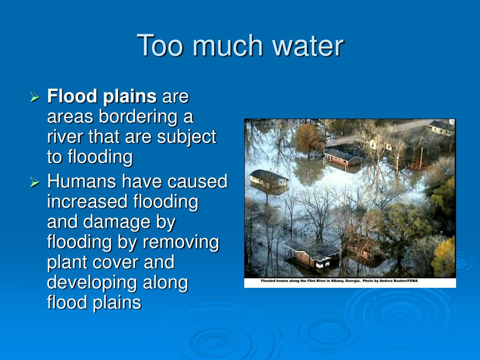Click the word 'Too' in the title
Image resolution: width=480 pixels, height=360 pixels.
click(x=160, y=45)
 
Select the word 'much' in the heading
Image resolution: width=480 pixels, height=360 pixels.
click(x=227, y=45)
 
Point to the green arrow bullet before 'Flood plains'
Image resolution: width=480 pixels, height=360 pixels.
click(x=35, y=97)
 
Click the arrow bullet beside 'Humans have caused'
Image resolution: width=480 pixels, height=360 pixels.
click(x=35, y=182)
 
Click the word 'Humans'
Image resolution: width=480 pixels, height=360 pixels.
click(x=82, y=181)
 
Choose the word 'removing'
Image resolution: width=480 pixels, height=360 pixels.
click(x=181, y=243)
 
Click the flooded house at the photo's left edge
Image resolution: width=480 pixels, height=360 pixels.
click(x=269, y=182)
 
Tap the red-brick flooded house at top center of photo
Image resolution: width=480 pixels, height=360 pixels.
click(x=342, y=157)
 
